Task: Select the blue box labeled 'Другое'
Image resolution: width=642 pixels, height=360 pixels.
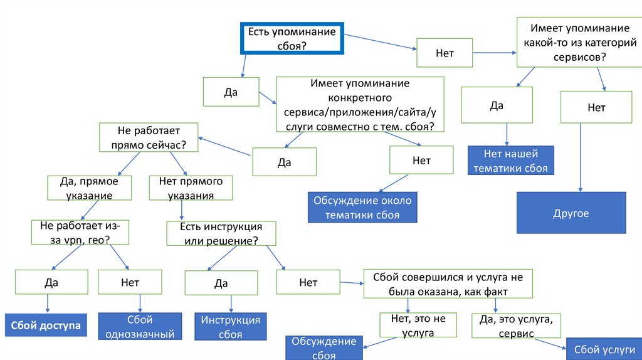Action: (x=571, y=213)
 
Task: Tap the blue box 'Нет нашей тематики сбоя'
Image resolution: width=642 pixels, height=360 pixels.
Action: (x=511, y=161)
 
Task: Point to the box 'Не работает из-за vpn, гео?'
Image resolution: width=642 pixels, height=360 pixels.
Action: (x=80, y=233)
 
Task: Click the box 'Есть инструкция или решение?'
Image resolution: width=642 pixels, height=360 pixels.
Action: (x=221, y=233)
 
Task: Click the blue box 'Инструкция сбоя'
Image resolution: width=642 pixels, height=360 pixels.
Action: (x=230, y=327)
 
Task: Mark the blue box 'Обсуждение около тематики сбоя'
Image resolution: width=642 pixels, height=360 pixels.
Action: (x=362, y=208)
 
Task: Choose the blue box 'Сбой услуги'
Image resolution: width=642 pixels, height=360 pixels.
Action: (x=603, y=349)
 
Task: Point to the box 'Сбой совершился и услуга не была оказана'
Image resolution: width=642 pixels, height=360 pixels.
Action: (x=448, y=283)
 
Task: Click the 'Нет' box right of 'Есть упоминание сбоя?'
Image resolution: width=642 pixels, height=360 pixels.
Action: (x=445, y=53)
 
